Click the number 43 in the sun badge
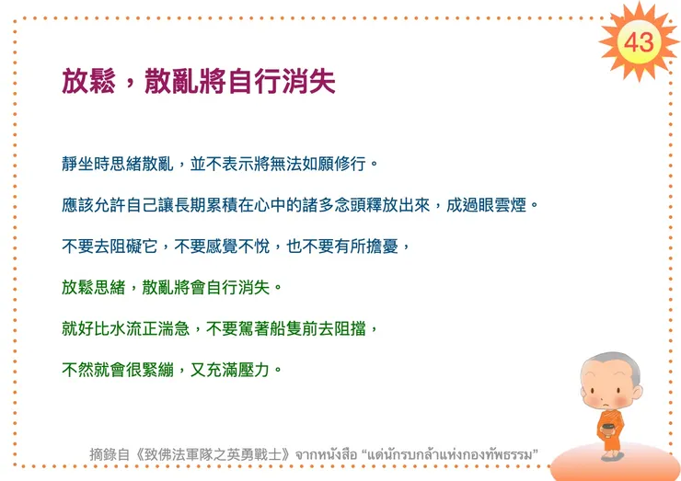coord(638,41)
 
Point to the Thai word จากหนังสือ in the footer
coord(325,453)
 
